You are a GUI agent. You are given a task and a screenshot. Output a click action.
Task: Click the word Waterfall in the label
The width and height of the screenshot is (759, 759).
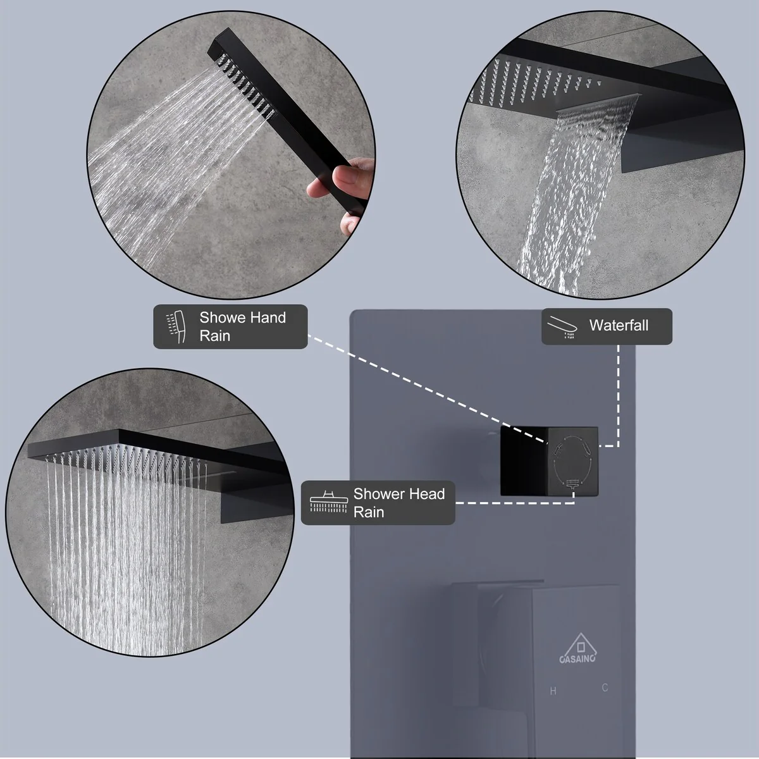click(619, 325)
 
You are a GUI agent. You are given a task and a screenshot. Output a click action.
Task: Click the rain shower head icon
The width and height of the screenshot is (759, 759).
click(329, 502)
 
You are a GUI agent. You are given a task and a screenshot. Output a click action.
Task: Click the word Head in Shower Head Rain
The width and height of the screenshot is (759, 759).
click(427, 493)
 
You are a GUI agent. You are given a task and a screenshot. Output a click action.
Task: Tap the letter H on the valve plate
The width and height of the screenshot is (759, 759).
click(553, 691)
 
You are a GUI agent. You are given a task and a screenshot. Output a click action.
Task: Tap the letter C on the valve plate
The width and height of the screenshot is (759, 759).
click(605, 688)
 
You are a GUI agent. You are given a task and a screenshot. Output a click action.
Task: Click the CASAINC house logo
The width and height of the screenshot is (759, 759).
click(578, 648)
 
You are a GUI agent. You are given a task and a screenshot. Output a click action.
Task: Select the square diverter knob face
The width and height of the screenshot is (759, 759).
click(572, 461)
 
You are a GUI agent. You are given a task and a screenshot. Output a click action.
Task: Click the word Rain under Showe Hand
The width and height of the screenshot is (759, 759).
click(214, 336)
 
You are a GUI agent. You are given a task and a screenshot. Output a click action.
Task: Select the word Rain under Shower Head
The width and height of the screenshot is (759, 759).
click(368, 512)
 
